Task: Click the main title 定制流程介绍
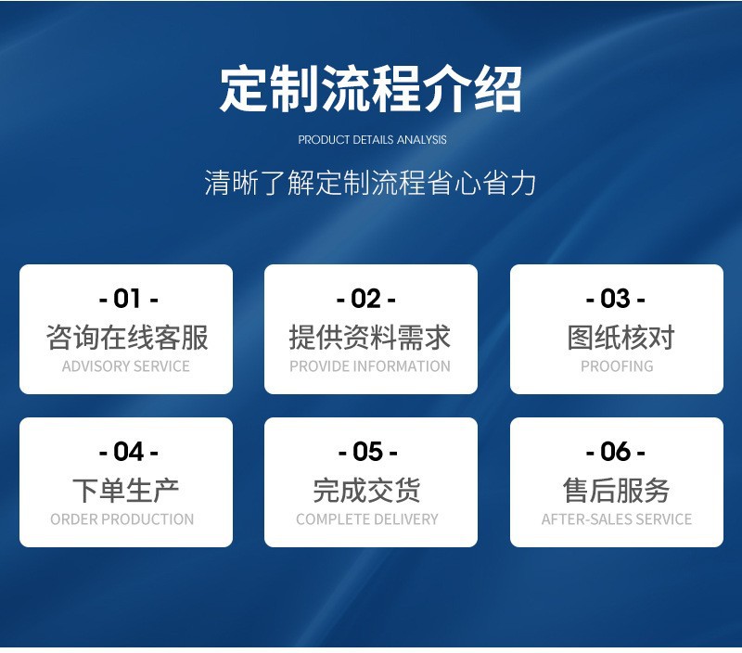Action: click(x=370, y=89)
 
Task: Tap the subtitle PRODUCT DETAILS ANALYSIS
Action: click(x=372, y=139)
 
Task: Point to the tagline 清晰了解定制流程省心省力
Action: click(x=370, y=183)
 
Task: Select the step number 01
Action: click(x=128, y=299)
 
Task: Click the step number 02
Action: click(x=365, y=299)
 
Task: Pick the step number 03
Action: click(x=615, y=299)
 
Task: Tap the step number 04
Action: click(x=128, y=452)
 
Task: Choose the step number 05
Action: click(x=367, y=452)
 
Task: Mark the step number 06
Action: click(x=615, y=452)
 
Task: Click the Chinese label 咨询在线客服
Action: click(x=127, y=338)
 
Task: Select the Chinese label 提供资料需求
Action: click(x=369, y=338)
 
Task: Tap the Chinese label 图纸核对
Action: click(x=620, y=338)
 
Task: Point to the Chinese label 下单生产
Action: click(x=125, y=491)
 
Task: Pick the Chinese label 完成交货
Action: click(x=366, y=491)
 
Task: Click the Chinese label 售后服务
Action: click(x=616, y=491)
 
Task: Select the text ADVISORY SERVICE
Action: click(x=126, y=366)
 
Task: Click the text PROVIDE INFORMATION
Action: click(x=370, y=366)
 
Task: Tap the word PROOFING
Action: click(x=617, y=366)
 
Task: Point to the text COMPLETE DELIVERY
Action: click(x=367, y=519)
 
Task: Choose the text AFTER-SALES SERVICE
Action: click(x=617, y=519)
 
